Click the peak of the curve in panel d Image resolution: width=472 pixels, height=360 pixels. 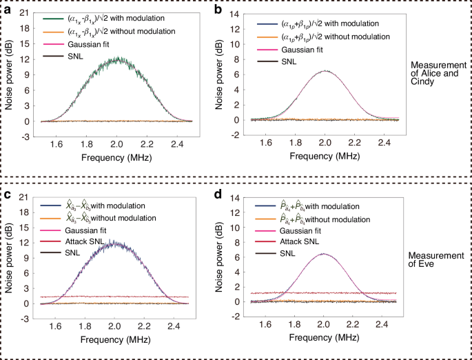point(324,253)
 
